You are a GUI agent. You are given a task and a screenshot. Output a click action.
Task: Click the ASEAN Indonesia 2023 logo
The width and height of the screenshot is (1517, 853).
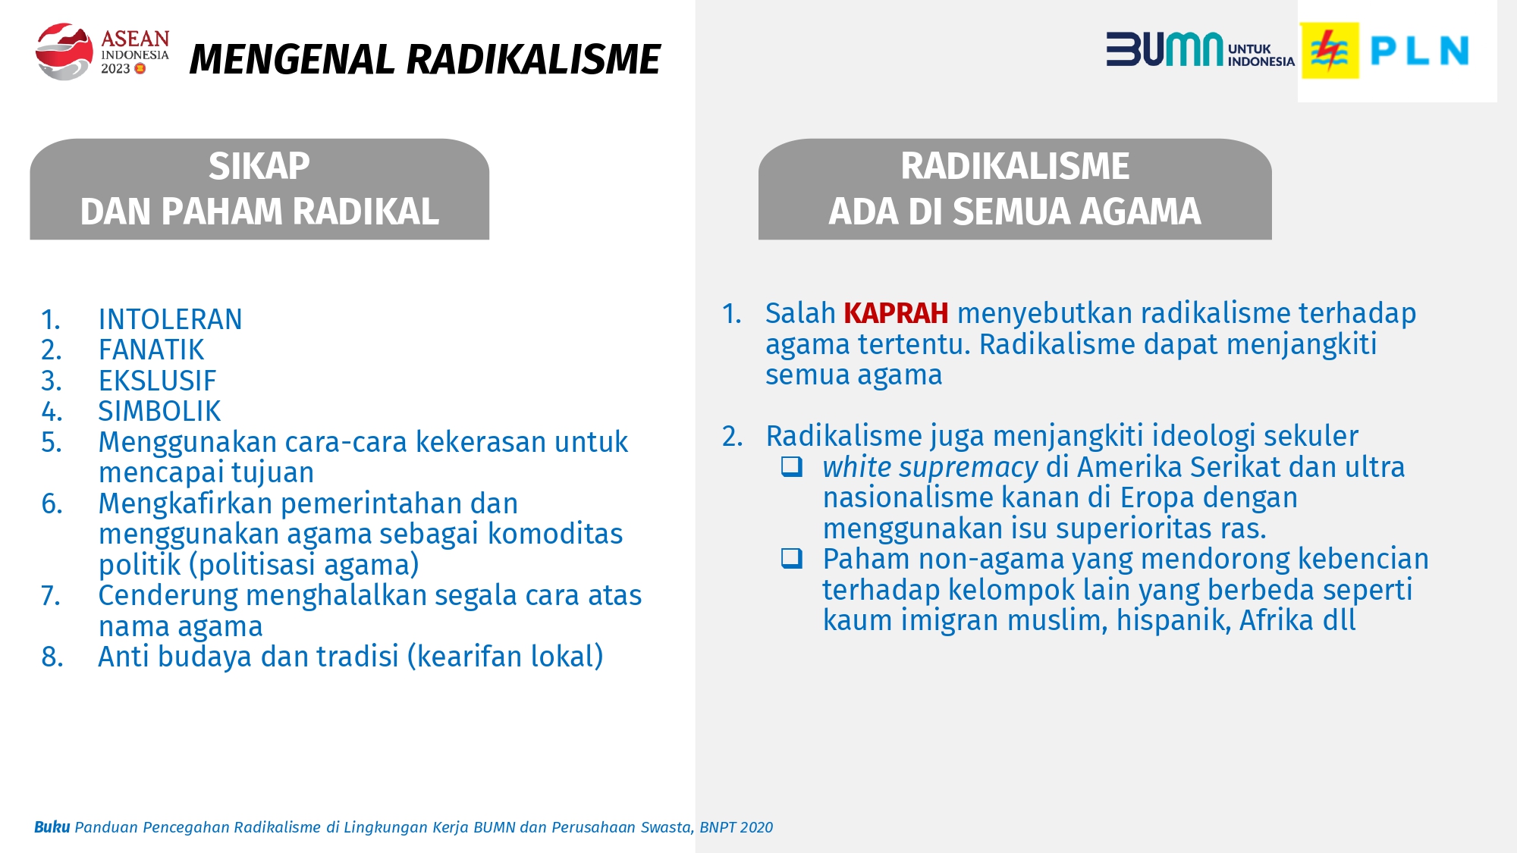coord(102,51)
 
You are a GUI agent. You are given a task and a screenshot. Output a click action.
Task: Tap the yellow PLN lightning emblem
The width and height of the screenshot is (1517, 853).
coord(1330,51)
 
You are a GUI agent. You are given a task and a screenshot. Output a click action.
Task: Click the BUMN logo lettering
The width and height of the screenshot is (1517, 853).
coord(1164,49)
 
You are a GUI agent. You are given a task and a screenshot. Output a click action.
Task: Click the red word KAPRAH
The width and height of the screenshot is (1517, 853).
coord(896,313)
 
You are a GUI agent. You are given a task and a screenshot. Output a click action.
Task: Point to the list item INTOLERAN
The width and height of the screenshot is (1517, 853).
coord(170,319)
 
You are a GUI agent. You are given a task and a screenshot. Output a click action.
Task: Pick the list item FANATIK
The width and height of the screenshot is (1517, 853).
coord(151,350)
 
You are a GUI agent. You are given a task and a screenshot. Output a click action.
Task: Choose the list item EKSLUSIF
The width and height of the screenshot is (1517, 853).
coord(157,381)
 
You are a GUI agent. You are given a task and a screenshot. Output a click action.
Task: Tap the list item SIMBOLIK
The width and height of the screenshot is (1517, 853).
coord(159,411)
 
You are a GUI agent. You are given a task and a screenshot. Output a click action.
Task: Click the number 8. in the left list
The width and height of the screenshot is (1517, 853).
coord(52,657)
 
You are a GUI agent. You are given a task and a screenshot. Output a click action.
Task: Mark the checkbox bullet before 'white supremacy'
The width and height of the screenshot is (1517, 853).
coord(792,466)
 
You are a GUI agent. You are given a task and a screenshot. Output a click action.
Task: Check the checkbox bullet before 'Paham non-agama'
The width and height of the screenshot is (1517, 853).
coord(792,559)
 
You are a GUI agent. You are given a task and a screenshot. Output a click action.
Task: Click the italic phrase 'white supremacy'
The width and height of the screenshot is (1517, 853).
coord(930,468)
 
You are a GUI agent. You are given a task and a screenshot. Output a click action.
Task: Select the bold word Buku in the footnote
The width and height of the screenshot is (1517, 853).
coord(52,827)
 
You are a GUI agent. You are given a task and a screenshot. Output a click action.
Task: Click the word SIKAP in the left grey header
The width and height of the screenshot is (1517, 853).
coord(259,166)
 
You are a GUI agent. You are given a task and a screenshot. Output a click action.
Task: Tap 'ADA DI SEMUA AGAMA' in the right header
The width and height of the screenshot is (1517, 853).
coord(1015,212)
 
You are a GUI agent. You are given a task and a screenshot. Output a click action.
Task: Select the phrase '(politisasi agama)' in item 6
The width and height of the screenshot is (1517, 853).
coord(304,566)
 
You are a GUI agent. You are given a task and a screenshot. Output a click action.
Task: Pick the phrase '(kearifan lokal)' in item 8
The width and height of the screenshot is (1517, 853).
coord(505,657)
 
